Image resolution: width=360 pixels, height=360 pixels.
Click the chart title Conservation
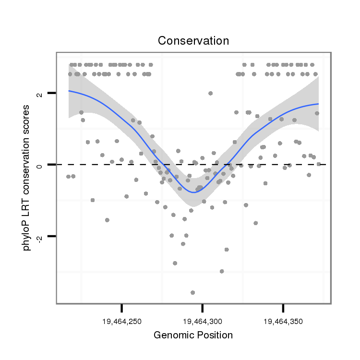[193, 41]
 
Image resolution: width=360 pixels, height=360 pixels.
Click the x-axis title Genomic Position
[193, 335]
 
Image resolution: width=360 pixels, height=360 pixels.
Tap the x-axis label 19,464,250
[122, 322]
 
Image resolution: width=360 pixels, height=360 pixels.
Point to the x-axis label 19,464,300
[203, 322]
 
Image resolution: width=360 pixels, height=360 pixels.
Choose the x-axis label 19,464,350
[283, 322]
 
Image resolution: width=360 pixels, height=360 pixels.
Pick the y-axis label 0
[39, 165]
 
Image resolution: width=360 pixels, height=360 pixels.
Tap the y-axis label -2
[39, 237]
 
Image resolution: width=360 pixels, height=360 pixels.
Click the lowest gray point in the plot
[192, 292]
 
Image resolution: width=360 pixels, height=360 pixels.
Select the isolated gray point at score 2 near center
[210, 93]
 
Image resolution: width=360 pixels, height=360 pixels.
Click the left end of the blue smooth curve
[69, 91]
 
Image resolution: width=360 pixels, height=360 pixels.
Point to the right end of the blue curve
[318, 104]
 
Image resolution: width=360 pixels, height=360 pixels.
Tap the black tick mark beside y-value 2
[52, 93]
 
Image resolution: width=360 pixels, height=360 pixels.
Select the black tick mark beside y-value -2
[52, 236]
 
